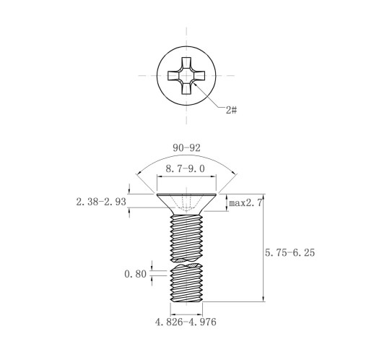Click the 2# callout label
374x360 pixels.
pyautogui.click(x=231, y=110)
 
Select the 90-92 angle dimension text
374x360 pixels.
pyautogui.click(x=186, y=148)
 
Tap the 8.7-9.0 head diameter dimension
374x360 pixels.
pyautogui.click(x=185, y=168)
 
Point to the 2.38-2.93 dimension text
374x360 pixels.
pyautogui.click(x=101, y=202)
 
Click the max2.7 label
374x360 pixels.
pyautogui.click(x=245, y=203)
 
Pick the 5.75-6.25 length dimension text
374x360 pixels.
pyautogui.click(x=290, y=252)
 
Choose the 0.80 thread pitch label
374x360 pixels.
pyautogui.click(x=135, y=274)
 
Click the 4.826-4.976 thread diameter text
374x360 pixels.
pyautogui.click(x=186, y=322)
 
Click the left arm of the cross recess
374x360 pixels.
pyautogui.click(x=173, y=75)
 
